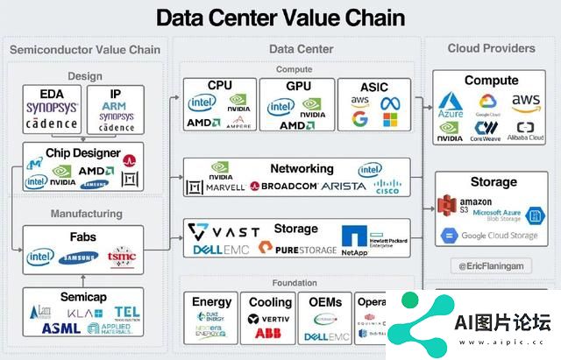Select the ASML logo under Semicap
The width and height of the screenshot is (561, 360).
click(59, 328)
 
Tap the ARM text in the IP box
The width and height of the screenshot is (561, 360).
click(117, 105)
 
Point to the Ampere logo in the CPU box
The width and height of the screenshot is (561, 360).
click(238, 124)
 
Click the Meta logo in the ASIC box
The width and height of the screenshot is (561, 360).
click(389, 103)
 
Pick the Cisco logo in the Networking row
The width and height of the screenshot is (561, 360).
click(386, 186)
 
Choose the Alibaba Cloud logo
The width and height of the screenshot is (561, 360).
click(524, 131)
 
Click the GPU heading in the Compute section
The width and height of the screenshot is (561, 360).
click(298, 86)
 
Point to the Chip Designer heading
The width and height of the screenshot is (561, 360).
click(85, 152)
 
